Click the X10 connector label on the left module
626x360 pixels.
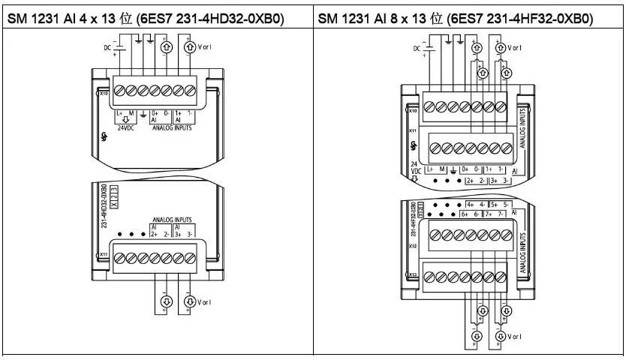click(x=103, y=94)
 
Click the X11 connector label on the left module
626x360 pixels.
click(x=103, y=255)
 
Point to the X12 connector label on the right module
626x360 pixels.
click(x=412, y=244)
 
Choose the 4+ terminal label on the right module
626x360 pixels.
click(x=471, y=204)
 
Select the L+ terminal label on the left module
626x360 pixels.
click(x=120, y=112)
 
